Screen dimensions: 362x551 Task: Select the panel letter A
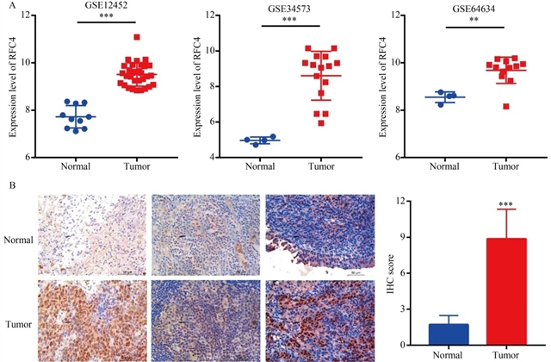5,6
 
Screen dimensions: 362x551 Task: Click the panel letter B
5,184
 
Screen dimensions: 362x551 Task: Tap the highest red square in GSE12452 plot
137,38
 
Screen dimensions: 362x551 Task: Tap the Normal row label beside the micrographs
18,240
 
